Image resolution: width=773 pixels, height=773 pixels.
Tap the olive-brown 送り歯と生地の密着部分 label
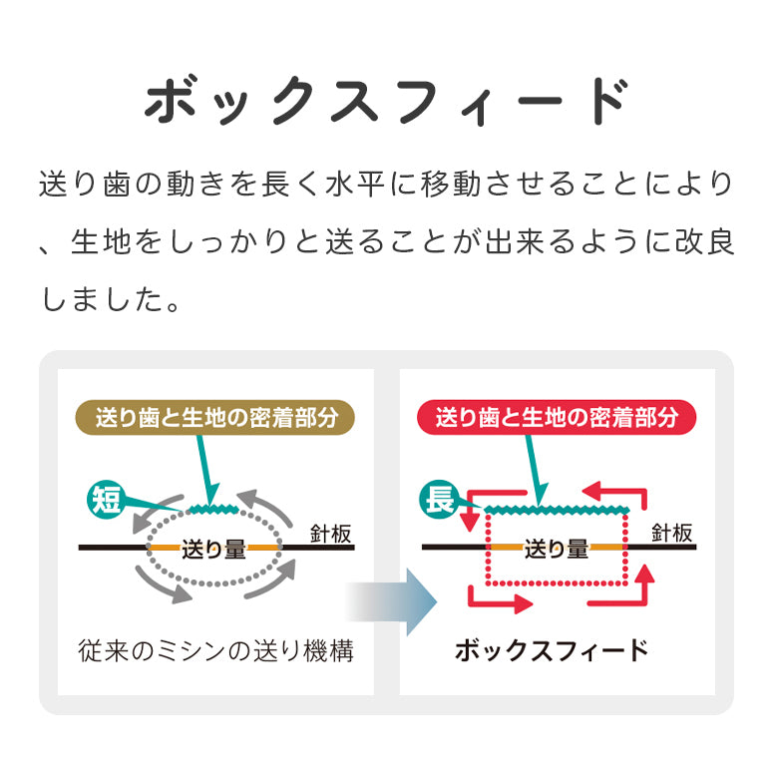pos(215,417)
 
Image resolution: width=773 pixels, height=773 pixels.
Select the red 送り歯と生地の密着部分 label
pos(557,417)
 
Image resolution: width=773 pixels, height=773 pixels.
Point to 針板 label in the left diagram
pos(330,535)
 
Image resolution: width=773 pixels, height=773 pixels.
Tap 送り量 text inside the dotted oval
pos(213,548)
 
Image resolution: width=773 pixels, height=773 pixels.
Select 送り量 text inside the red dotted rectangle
pos(556,548)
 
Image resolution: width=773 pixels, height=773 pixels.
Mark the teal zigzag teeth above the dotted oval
pos(214,510)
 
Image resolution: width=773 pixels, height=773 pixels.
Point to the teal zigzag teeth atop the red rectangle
pos(557,509)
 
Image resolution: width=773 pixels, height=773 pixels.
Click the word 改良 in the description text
pos(704,242)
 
